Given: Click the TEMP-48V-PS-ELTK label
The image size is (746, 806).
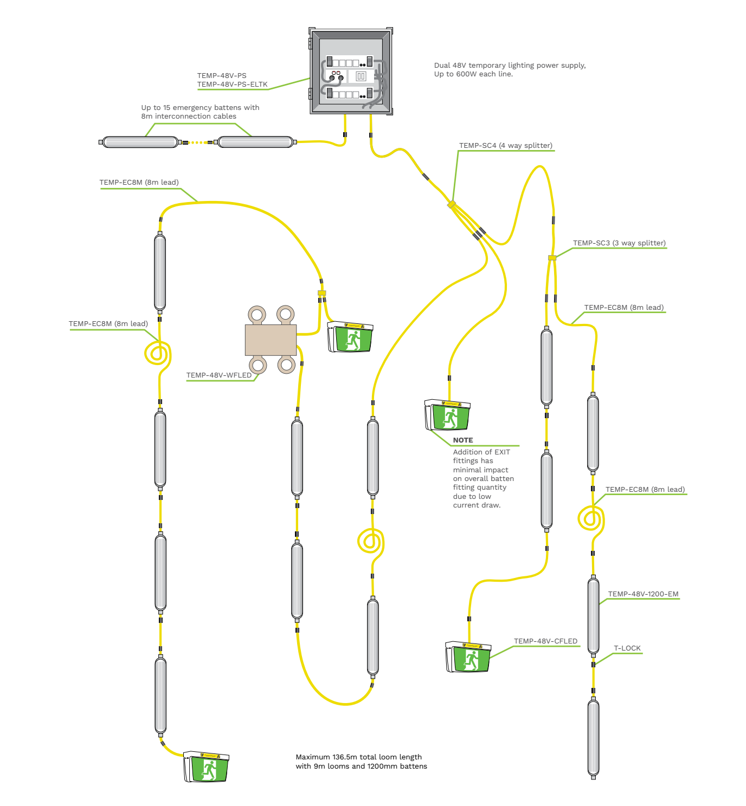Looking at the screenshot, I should pyautogui.click(x=232, y=84).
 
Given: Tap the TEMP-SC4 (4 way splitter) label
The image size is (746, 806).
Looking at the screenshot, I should pyautogui.click(x=505, y=146).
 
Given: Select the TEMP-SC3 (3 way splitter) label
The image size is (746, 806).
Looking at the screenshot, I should pyautogui.click(x=619, y=243).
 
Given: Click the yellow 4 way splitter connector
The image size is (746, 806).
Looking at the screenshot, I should pyautogui.click(x=451, y=204).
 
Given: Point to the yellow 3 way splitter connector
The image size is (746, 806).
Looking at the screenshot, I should pyautogui.click(x=552, y=258).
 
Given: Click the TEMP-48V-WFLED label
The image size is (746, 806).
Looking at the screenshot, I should pyautogui.click(x=219, y=375).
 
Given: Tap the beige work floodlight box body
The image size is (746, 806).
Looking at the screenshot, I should pyautogui.click(x=271, y=340).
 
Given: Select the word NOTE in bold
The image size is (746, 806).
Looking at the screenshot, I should pyautogui.click(x=463, y=440).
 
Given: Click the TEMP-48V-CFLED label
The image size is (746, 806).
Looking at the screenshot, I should pyautogui.click(x=545, y=641).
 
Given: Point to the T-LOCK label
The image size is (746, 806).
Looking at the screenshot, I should pyautogui.click(x=627, y=648).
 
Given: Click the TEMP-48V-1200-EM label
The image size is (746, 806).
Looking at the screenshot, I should pyautogui.click(x=643, y=594).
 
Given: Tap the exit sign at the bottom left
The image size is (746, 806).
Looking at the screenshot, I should pyautogui.click(x=207, y=767).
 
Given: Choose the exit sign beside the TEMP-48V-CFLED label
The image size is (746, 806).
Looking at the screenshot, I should pyautogui.click(x=468, y=657).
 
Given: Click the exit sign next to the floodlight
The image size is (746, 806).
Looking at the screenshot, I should pyautogui.click(x=351, y=337).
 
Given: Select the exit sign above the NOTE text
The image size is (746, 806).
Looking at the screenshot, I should pyautogui.click(x=448, y=415).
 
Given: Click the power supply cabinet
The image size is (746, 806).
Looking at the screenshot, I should pyautogui.click(x=351, y=71).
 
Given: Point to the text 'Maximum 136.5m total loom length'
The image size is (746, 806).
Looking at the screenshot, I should pyautogui.click(x=358, y=757).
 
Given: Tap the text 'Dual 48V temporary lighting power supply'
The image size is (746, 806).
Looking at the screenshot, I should pyautogui.click(x=510, y=66).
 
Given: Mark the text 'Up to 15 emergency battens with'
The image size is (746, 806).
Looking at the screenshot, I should pyautogui.click(x=200, y=108).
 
